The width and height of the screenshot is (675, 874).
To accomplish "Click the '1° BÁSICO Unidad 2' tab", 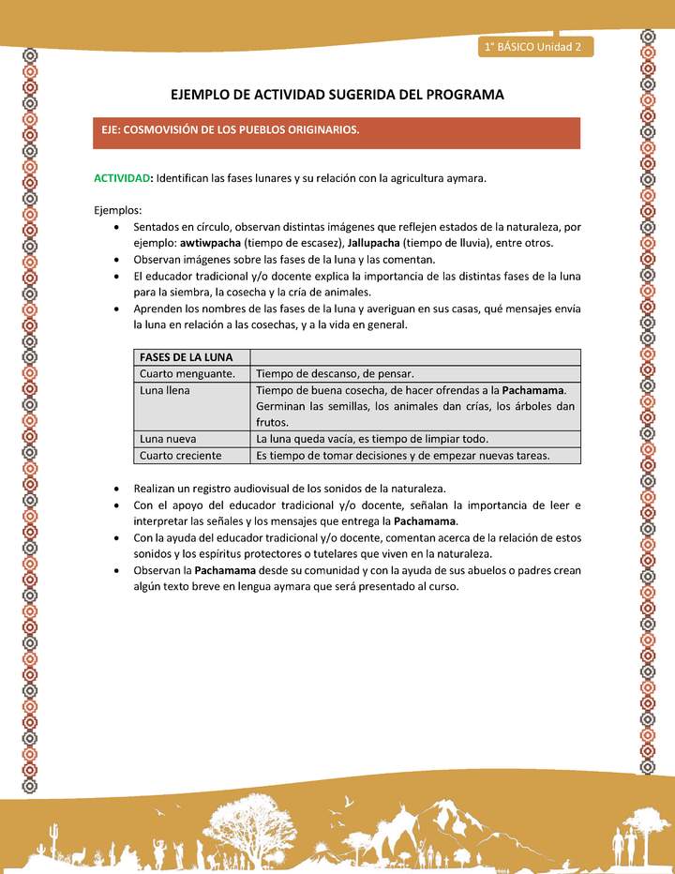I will point(534,46).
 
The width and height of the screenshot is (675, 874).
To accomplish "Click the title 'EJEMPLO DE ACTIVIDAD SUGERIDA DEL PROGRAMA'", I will point(337,95).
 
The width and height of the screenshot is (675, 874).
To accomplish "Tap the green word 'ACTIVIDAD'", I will point(123,178).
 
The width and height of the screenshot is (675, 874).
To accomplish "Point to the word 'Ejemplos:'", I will point(118,210).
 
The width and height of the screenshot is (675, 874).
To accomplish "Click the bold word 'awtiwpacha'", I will point(210,242).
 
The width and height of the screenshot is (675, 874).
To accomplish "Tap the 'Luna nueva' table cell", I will point(168,439).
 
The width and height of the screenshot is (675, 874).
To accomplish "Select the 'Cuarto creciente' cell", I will point(180,456).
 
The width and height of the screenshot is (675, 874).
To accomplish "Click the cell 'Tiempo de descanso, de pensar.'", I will point(335,373).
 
